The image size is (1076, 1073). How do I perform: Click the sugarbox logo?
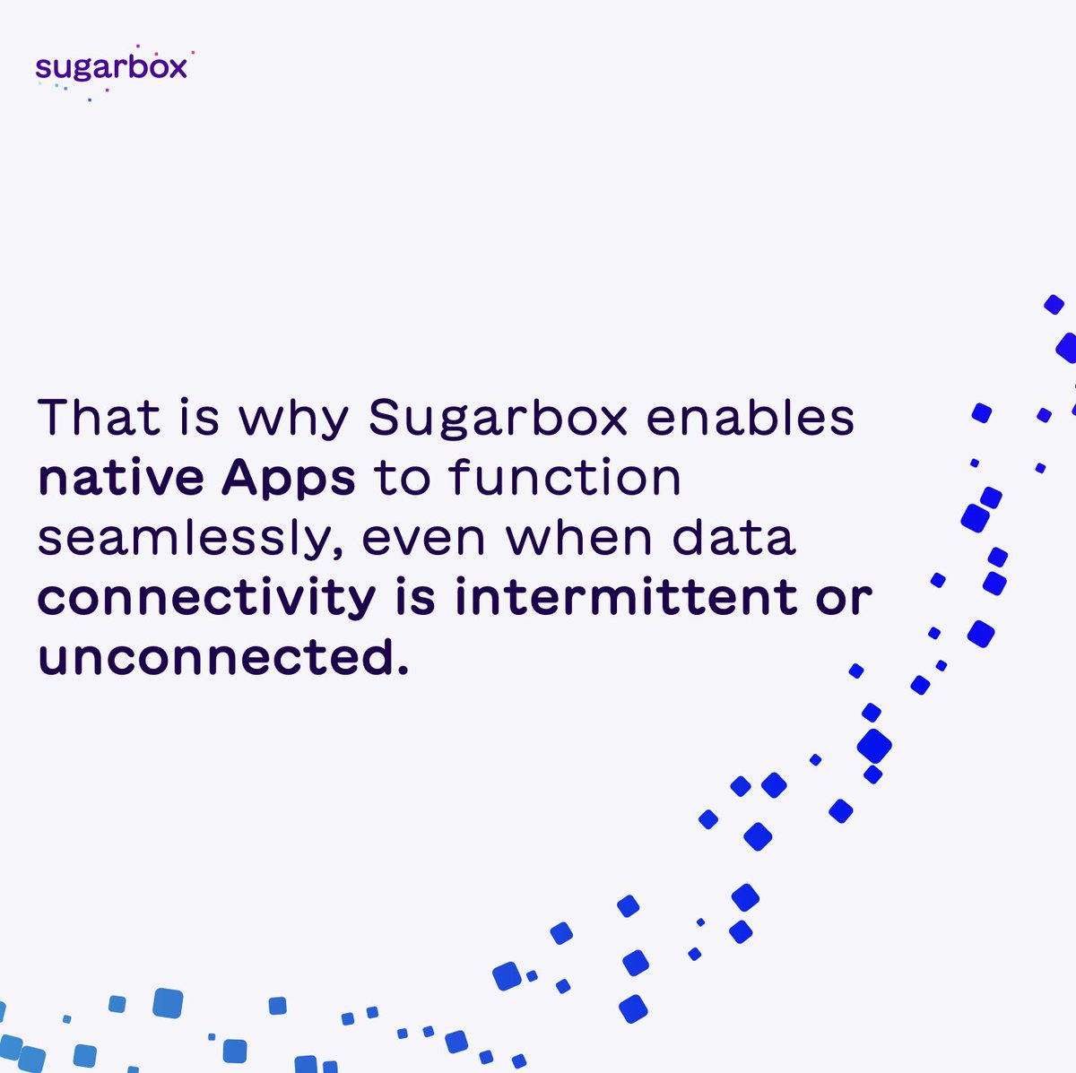111,68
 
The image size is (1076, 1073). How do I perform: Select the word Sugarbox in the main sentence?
498,419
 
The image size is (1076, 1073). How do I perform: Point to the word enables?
750,417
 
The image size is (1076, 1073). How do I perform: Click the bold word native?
122,478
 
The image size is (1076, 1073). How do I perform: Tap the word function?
565,478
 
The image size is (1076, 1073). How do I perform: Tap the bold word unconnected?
212,658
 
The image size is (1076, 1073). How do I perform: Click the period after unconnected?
401,669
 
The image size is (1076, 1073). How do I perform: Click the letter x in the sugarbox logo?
176,68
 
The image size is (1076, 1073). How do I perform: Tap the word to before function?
402,478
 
